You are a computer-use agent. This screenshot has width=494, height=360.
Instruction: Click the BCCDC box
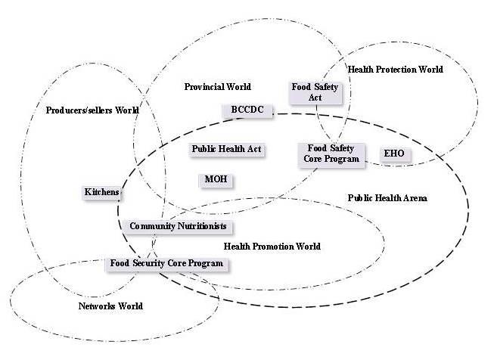[x=246, y=110]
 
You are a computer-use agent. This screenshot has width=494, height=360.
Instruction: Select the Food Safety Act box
[x=315, y=92]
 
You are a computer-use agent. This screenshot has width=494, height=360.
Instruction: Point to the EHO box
[x=394, y=154]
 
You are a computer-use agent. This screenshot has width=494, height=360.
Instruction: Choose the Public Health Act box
[x=226, y=149]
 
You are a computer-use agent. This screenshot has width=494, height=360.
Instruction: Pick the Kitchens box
[x=101, y=193]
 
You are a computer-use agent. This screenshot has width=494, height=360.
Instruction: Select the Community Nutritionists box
[x=178, y=227]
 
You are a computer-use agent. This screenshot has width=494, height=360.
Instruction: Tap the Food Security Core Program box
[x=166, y=264]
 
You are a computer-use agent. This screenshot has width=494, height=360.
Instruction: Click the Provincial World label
[x=217, y=87]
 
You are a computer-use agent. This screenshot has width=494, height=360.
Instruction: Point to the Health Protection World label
[x=395, y=70]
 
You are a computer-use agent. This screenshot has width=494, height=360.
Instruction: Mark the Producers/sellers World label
[x=92, y=110]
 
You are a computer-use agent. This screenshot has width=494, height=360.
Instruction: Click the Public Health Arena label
[x=387, y=198]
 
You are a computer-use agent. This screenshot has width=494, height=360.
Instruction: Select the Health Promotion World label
[x=272, y=247]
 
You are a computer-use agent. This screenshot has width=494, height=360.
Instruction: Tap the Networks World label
[x=110, y=306]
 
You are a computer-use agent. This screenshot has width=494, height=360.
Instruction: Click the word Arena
[x=415, y=198]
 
